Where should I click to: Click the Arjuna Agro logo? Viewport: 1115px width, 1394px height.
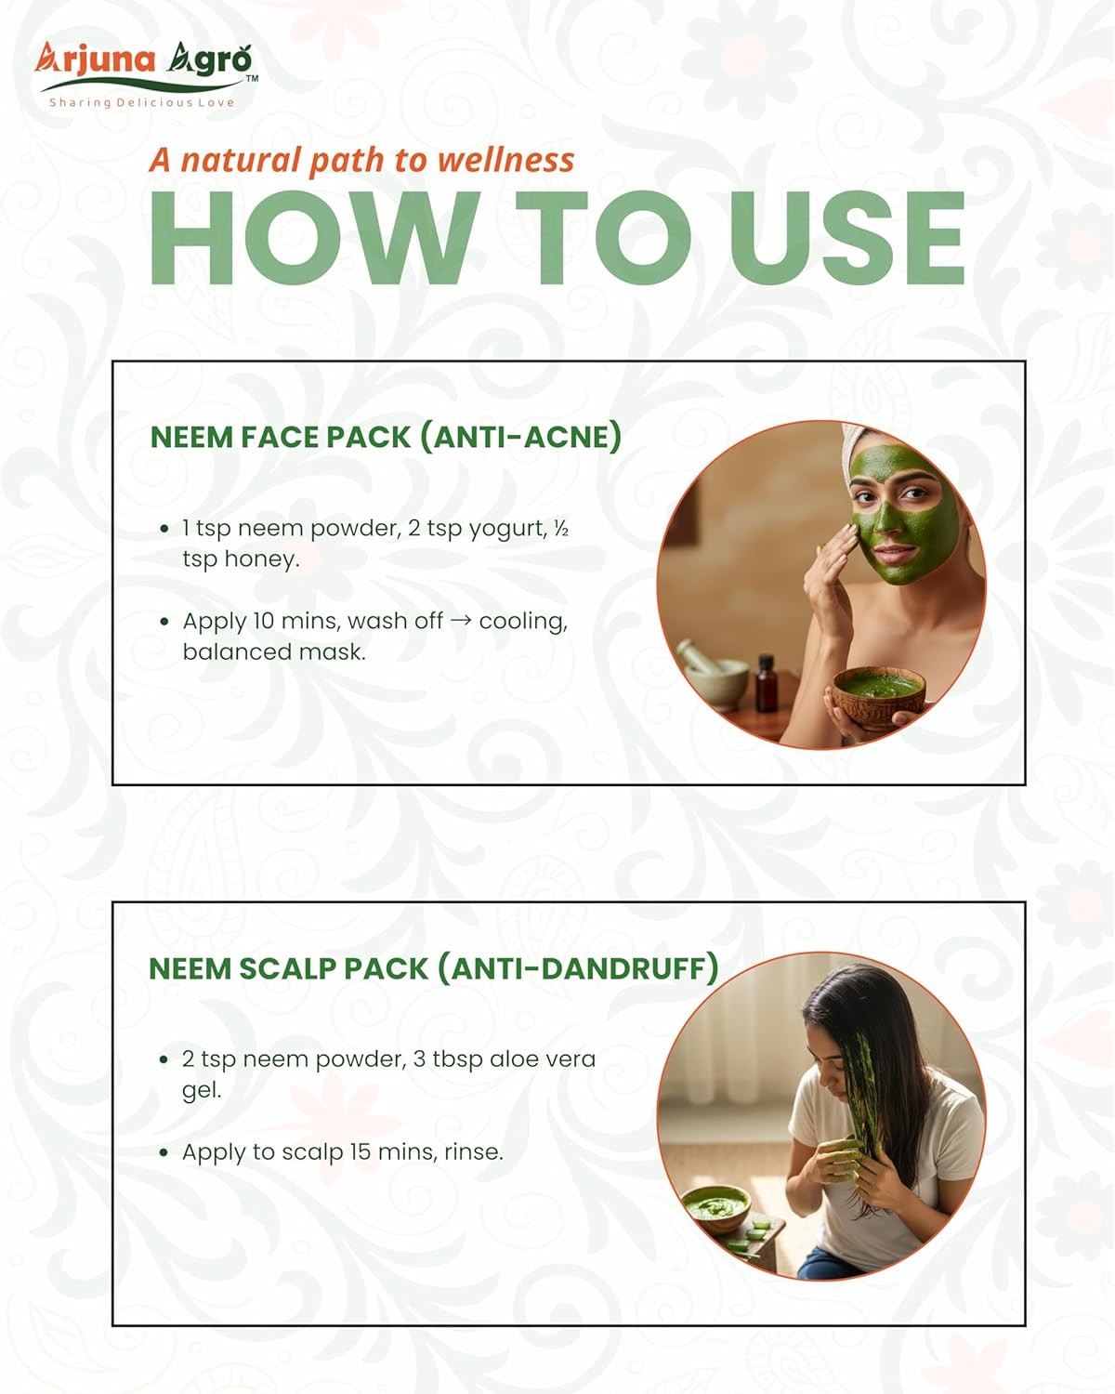coord(145,73)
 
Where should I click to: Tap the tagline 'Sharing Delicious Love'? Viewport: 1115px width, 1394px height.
coord(142,102)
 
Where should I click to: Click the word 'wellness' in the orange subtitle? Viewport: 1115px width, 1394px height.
coord(506,160)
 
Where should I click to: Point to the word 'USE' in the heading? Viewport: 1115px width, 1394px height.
coord(847,239)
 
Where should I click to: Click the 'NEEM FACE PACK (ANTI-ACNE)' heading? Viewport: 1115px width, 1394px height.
coord(387,437)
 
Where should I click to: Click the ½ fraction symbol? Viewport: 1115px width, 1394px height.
coord(561,529)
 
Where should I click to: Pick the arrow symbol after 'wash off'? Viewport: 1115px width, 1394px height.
coord(461,621)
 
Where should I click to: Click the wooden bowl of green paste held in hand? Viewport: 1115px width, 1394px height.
coord(878,698)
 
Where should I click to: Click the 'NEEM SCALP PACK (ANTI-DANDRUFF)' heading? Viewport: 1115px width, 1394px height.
coord(434,969)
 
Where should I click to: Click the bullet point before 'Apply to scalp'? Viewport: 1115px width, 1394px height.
coord(164,1153)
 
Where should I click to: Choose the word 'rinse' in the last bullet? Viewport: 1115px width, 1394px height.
coord(474,1152)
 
